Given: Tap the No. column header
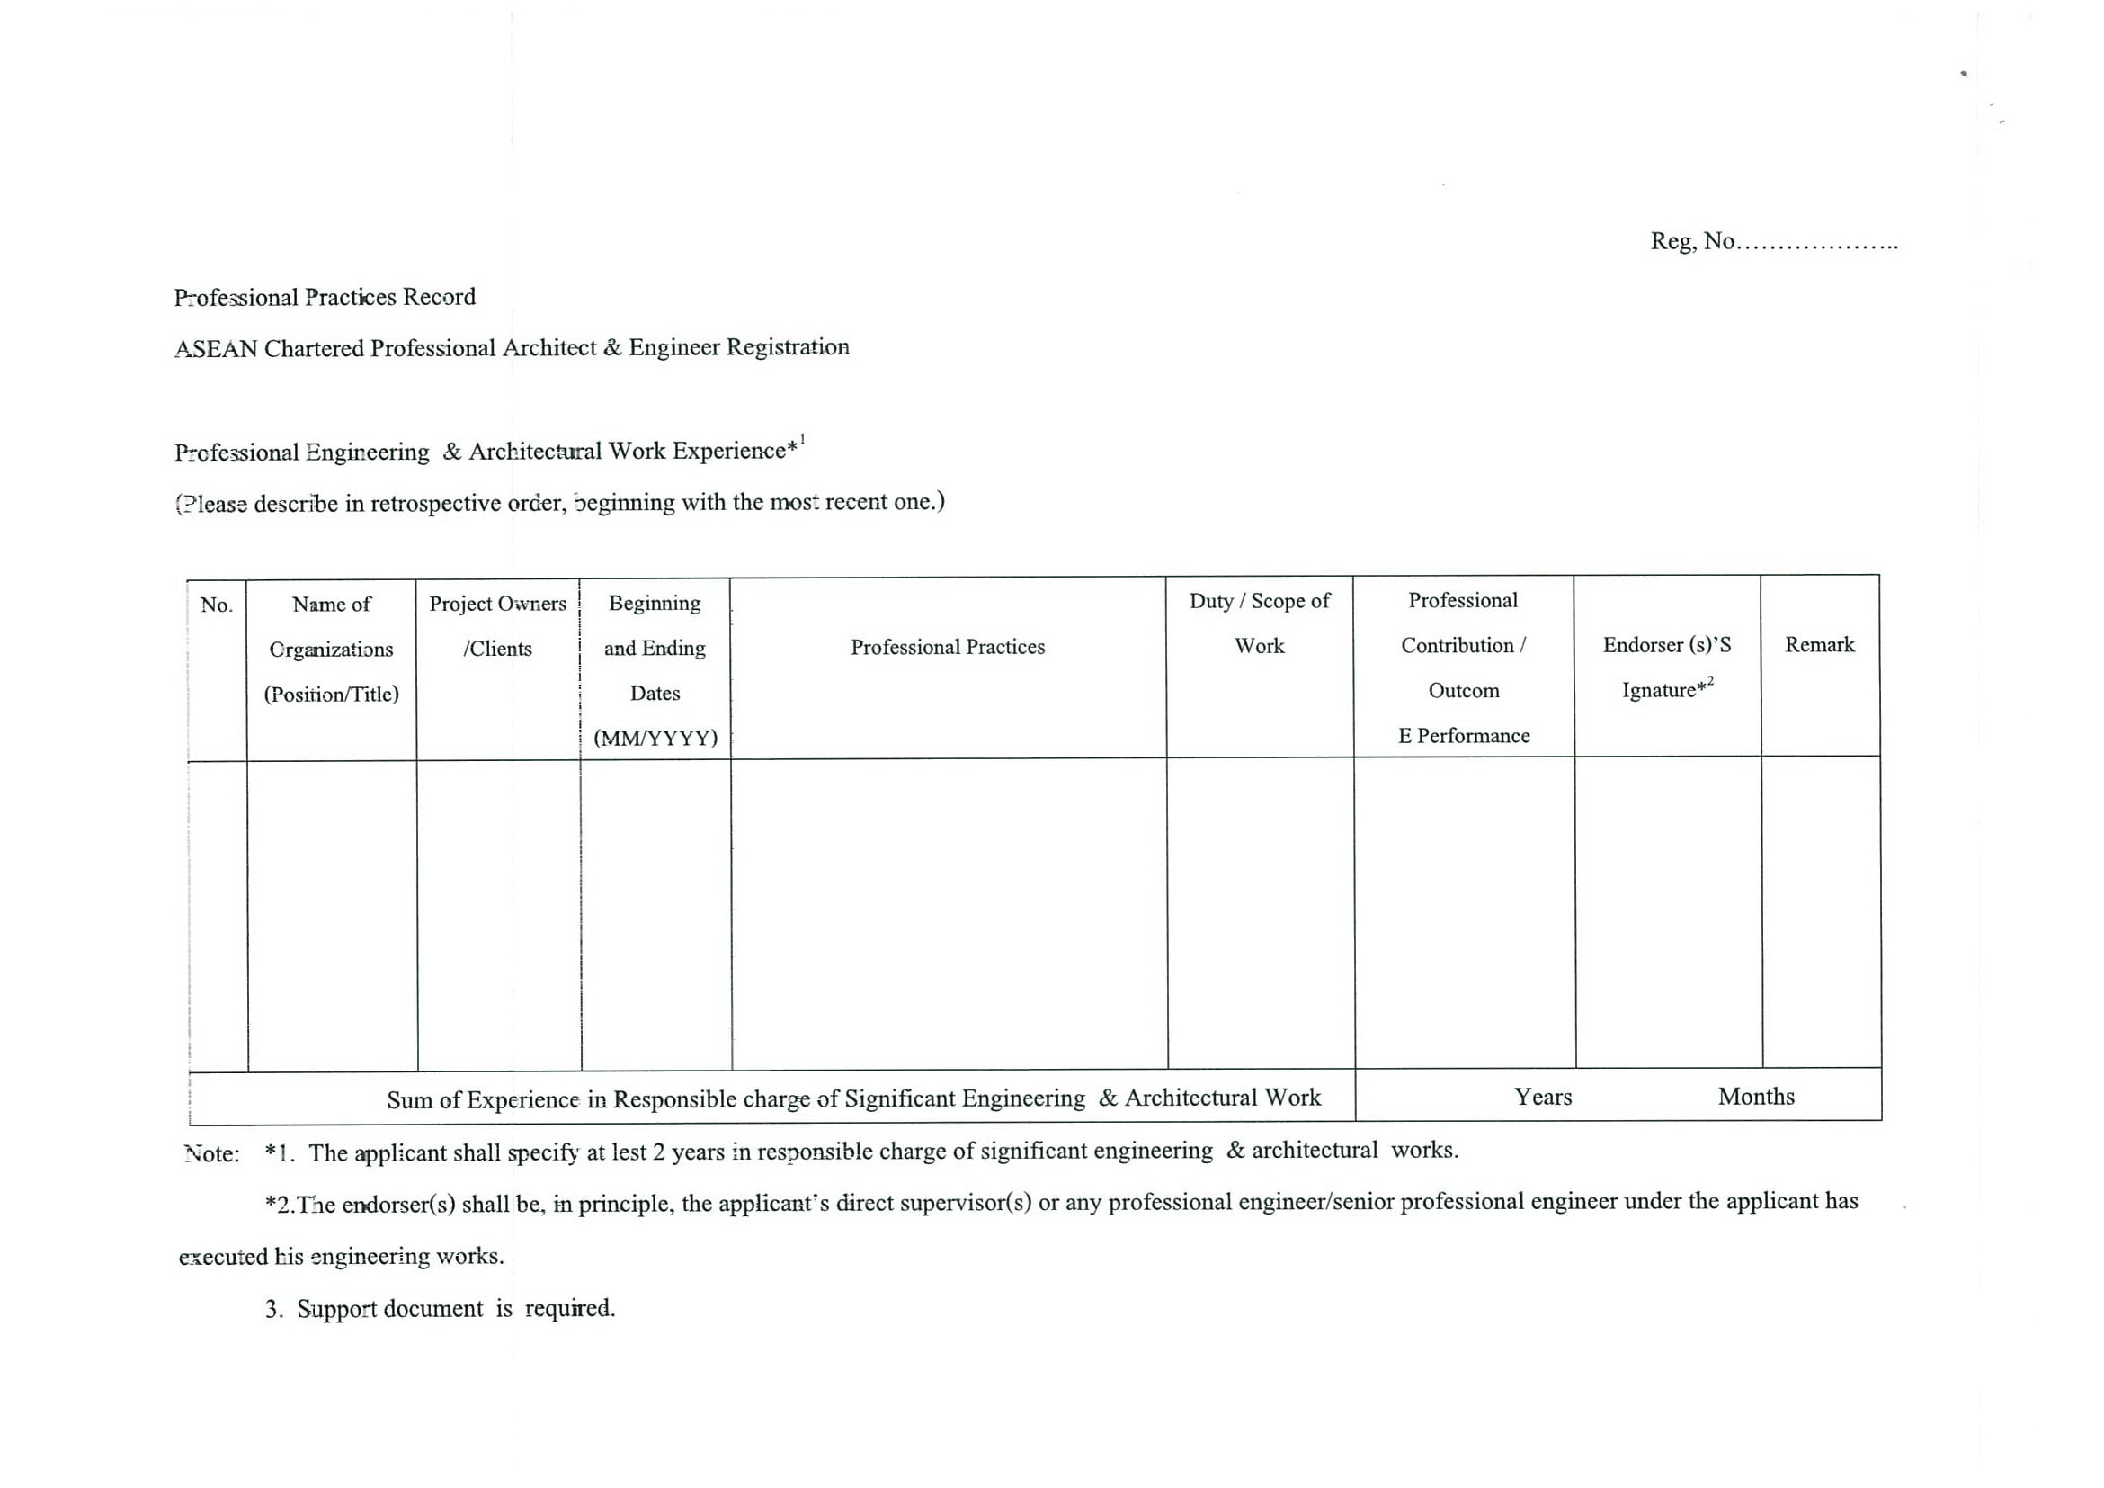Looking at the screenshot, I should [x=218, y=605].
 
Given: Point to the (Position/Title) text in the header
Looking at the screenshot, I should [x=332, y=694].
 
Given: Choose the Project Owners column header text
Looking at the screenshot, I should [x=497, y=605].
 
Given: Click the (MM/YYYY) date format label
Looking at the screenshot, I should [x=655, y=738].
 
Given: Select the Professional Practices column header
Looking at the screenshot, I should [x=948, y=647].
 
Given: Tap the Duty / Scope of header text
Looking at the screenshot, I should [x=1259, y=602].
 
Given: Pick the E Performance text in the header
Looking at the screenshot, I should [x=1464, y=736].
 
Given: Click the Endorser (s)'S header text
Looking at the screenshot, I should [x=1667, y=645].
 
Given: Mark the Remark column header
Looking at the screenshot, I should [x=1819, y=645].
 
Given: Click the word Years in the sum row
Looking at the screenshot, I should [x=1542, y=1098].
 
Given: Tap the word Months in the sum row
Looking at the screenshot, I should [x=1756, y=1097].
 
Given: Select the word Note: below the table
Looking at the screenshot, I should [x=211, y=1154].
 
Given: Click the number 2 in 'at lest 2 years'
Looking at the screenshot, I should [x=658, y=1152].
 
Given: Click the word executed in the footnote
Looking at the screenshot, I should [x=223, y=1257].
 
